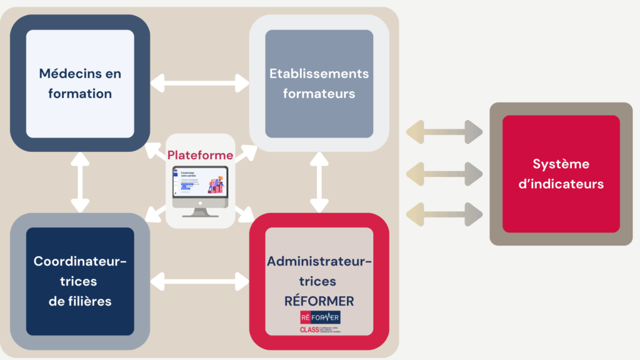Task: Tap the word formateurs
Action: coord(319,94)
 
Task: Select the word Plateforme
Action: coord(200,155)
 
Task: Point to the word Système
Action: coord(561,164)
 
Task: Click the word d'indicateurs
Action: coord(561,184)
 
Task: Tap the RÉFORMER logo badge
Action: coord(320,317)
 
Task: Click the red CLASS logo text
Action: coord(309,329)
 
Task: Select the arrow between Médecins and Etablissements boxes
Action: coord(199,82)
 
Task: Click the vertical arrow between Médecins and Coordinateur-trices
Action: coord(80,182)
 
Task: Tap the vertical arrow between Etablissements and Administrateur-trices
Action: coord(319,182)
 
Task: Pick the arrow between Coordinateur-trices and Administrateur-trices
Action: coord(199,281)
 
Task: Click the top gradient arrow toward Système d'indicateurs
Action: coord(444,132)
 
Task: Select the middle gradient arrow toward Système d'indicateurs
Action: coord(444,173)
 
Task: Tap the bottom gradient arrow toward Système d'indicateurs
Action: coord(444,214)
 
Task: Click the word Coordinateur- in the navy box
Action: coord(80,261)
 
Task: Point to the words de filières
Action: coord(80,301)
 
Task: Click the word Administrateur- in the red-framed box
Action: coord(319,261)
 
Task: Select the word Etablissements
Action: coord(319,74)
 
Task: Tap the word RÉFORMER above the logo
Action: coord(319,301)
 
